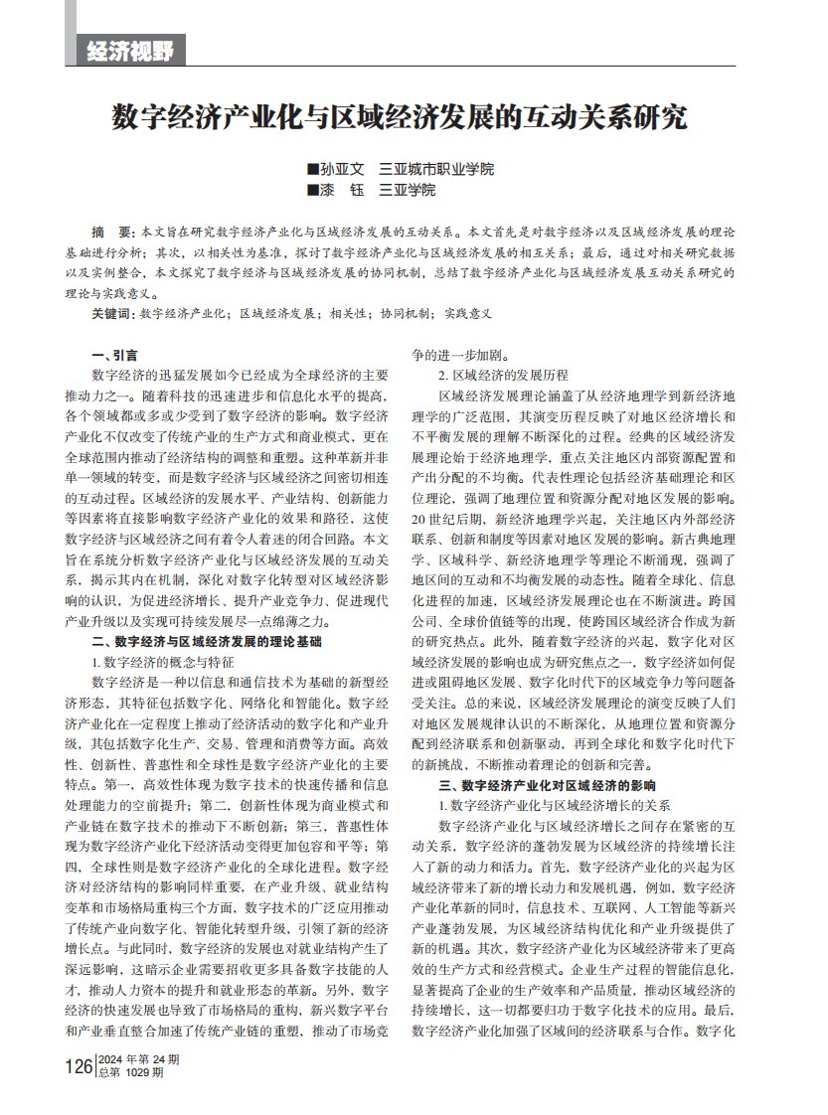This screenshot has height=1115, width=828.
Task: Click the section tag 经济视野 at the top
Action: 130,51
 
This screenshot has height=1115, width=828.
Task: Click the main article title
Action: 399,117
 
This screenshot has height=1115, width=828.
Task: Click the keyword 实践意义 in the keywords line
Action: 469,313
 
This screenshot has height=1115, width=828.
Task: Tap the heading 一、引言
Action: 114,355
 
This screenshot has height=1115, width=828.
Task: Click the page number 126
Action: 78,1066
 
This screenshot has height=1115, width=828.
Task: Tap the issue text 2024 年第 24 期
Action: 138,1059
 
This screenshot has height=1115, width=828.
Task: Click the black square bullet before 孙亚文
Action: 314,169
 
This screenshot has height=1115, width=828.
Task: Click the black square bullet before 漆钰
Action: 314,189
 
